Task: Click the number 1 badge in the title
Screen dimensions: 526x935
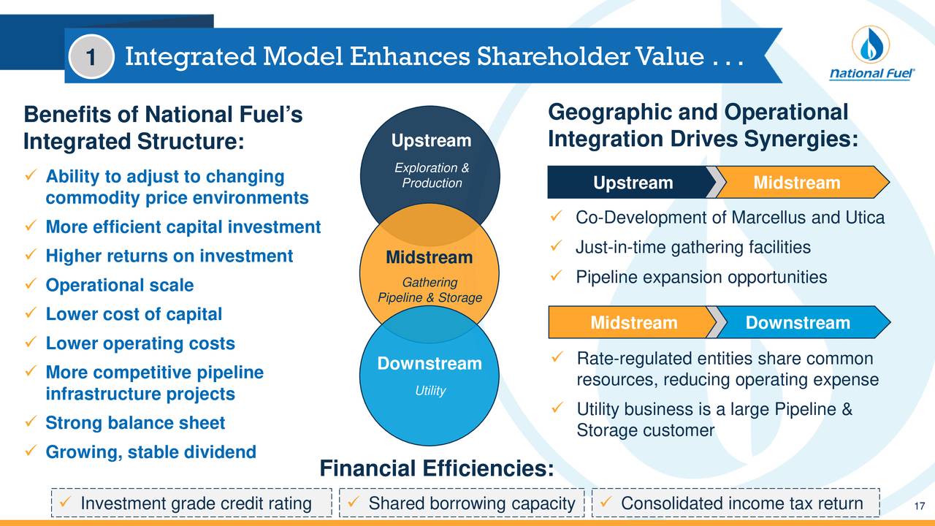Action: coord(91,57)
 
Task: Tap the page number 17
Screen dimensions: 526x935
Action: coord(920,508)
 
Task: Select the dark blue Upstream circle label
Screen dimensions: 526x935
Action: coord(431,140)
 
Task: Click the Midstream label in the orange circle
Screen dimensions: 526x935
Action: coord(429,257)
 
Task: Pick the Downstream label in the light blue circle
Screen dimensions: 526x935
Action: coord(429,364)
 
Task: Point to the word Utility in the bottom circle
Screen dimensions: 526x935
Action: coord(430,391)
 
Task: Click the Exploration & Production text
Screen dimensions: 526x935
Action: coord(431,176)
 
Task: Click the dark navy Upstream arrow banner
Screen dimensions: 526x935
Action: coord(633,183)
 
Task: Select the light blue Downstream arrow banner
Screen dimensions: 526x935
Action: coord(798,323)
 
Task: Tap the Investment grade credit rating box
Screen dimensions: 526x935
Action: coord(192,504)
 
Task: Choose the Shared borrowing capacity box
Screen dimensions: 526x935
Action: coord(462,504)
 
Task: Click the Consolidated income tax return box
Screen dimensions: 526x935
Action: coord(734,504)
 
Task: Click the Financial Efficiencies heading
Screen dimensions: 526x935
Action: coord(436,468)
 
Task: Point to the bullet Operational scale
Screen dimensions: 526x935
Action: coord(119,286)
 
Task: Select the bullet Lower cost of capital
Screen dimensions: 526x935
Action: coord(134,315)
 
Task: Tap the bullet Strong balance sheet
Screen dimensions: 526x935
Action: coord(135,424)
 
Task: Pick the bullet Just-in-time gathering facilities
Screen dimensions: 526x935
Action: coord(692,248)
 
